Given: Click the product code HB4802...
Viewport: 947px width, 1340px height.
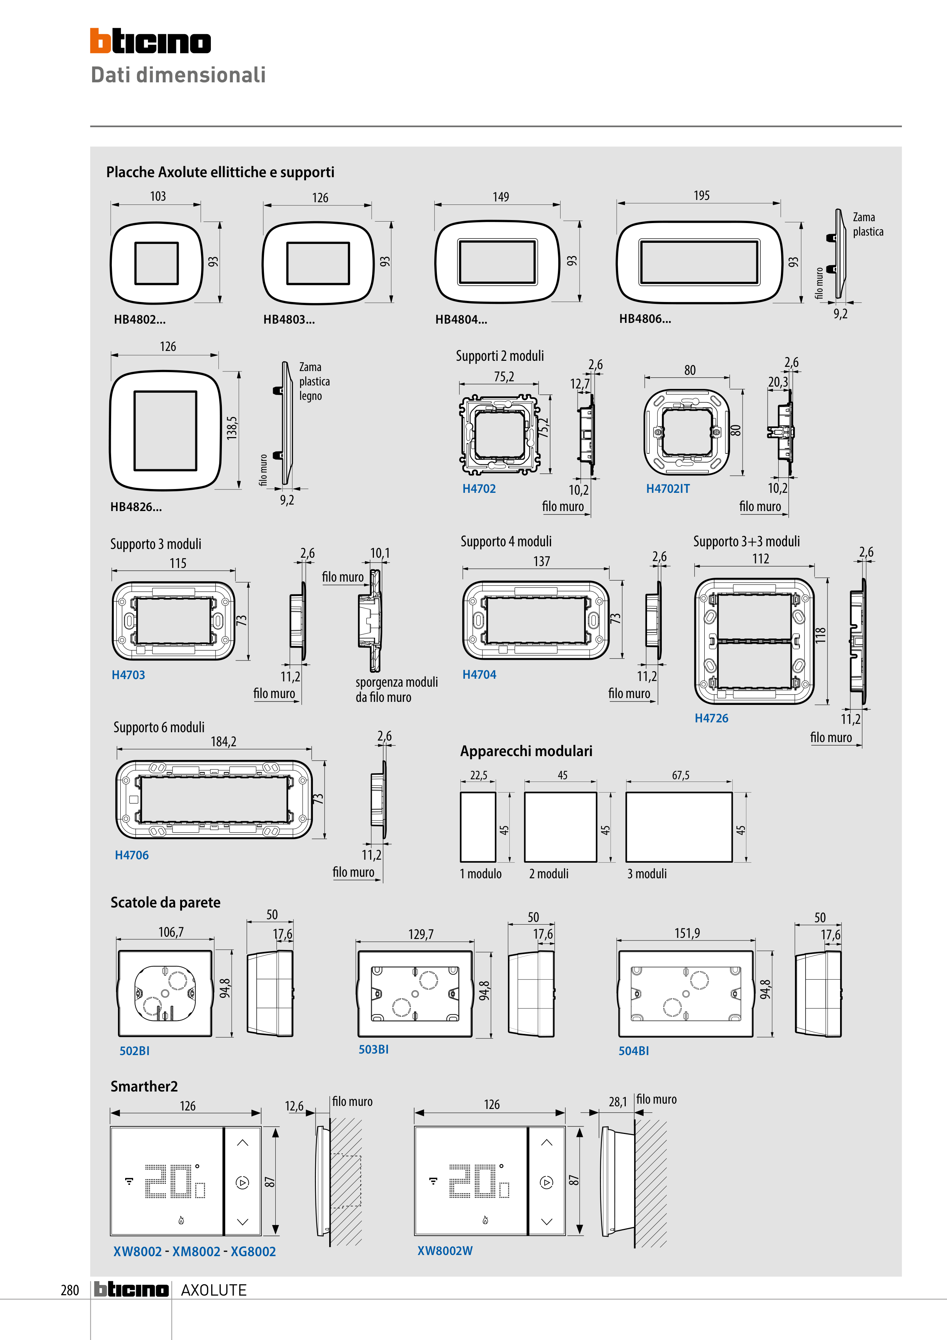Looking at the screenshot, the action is (x=140, y=319).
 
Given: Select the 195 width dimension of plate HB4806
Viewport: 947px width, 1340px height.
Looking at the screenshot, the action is (x=701, y=195).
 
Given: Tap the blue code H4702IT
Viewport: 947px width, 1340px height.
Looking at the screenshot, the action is (x=667, y=489).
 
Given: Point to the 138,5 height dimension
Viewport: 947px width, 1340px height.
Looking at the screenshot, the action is (x=232, y=428).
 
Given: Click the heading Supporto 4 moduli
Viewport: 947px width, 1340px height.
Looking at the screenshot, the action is (x=506, y=542).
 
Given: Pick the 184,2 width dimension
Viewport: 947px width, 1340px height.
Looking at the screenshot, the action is (x=223, y=742).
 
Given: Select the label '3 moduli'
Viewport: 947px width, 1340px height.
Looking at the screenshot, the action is (x=647, y=874).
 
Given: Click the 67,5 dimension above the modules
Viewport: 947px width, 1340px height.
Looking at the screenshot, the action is (x=680, y=775).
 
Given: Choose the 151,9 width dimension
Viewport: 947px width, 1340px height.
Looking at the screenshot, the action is (x=687, y=933).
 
